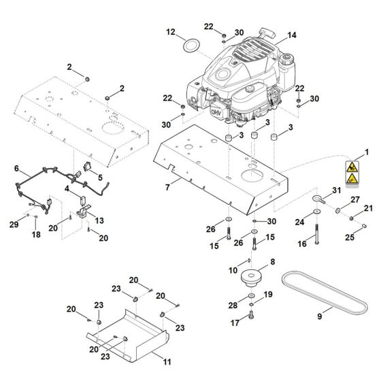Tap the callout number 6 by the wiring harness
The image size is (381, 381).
tap(17, 168)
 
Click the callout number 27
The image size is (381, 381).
tap(354, 199)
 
